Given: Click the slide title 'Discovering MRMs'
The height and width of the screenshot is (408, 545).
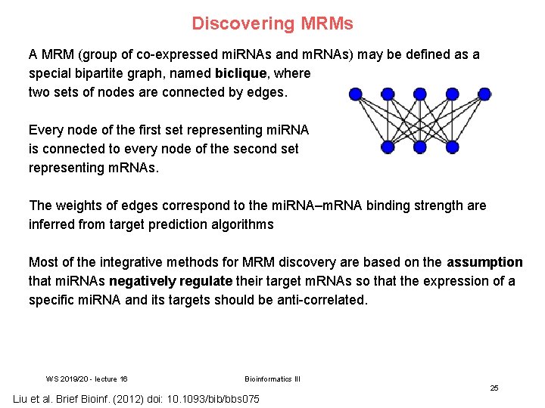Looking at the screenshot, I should point(272,23).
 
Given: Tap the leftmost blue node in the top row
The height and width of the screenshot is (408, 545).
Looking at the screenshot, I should point(355,94).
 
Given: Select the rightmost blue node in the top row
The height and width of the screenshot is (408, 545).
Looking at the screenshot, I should point(484,94).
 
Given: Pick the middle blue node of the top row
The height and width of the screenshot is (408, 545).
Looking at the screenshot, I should point(420,94).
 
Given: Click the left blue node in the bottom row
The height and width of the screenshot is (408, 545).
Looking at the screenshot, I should point(388,147).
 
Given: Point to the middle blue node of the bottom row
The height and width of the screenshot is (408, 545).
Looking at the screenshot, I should point(420,147).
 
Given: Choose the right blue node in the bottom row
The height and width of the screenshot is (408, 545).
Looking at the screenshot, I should point(453,147).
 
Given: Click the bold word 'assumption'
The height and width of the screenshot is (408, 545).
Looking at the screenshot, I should point(484,262).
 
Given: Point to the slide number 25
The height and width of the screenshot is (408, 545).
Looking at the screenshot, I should point(494,388).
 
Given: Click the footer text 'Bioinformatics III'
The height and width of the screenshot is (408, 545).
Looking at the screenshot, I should point(272,379).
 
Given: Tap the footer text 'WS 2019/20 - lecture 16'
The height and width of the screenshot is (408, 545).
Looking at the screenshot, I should point(86,379).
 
